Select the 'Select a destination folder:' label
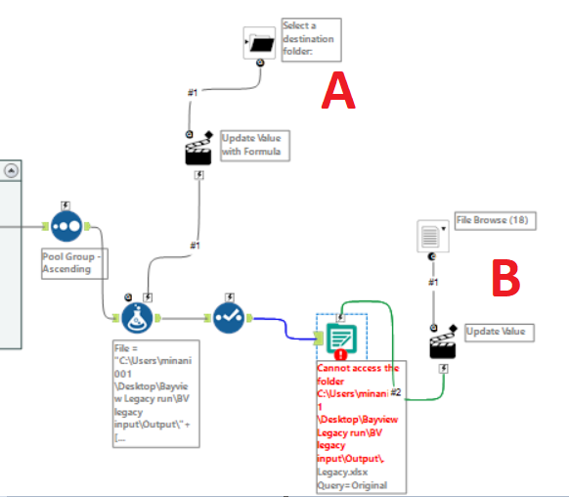[308, 39]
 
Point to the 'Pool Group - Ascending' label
[66, 263]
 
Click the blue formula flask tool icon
[142, 318]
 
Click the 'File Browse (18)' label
[493, 221]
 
